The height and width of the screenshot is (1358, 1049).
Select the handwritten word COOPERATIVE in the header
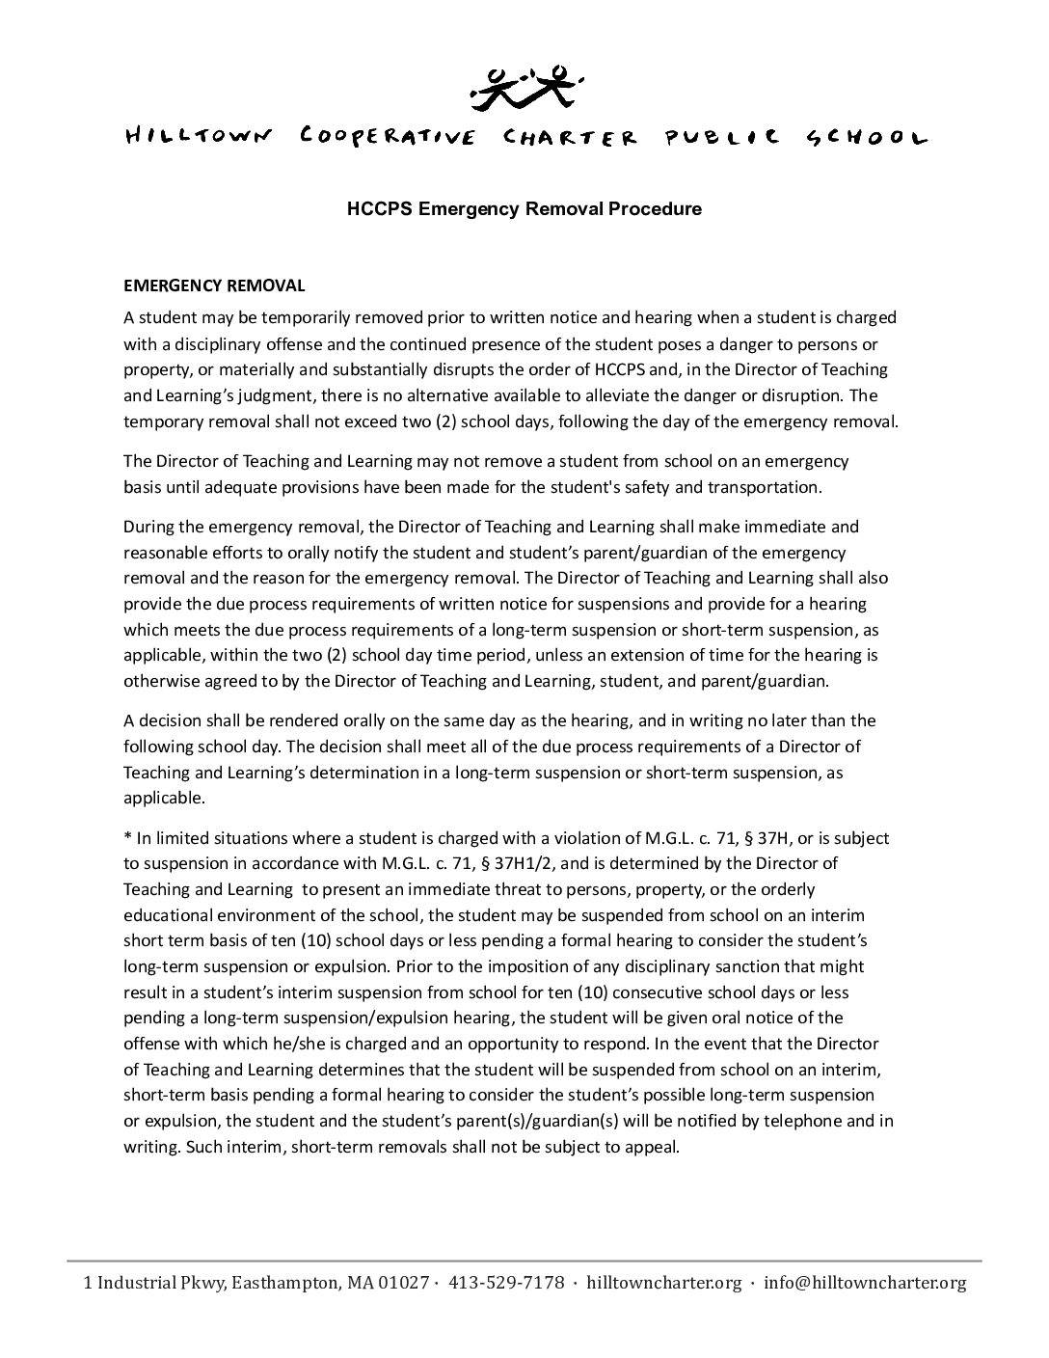[x=387, y=137]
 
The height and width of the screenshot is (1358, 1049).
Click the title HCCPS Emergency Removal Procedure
[x=524, y=208]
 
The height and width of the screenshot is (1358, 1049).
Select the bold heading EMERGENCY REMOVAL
[x=214, y=285]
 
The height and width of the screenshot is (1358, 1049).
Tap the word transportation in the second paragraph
[x=763, y=487]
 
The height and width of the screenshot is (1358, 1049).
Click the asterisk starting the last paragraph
[x=127, y=838]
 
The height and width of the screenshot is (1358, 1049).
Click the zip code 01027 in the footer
[x=406, y=1283]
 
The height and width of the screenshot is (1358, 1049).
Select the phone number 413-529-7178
[x=506, y=1283]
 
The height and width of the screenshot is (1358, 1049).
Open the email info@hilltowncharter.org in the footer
[x=865, y=1283]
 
